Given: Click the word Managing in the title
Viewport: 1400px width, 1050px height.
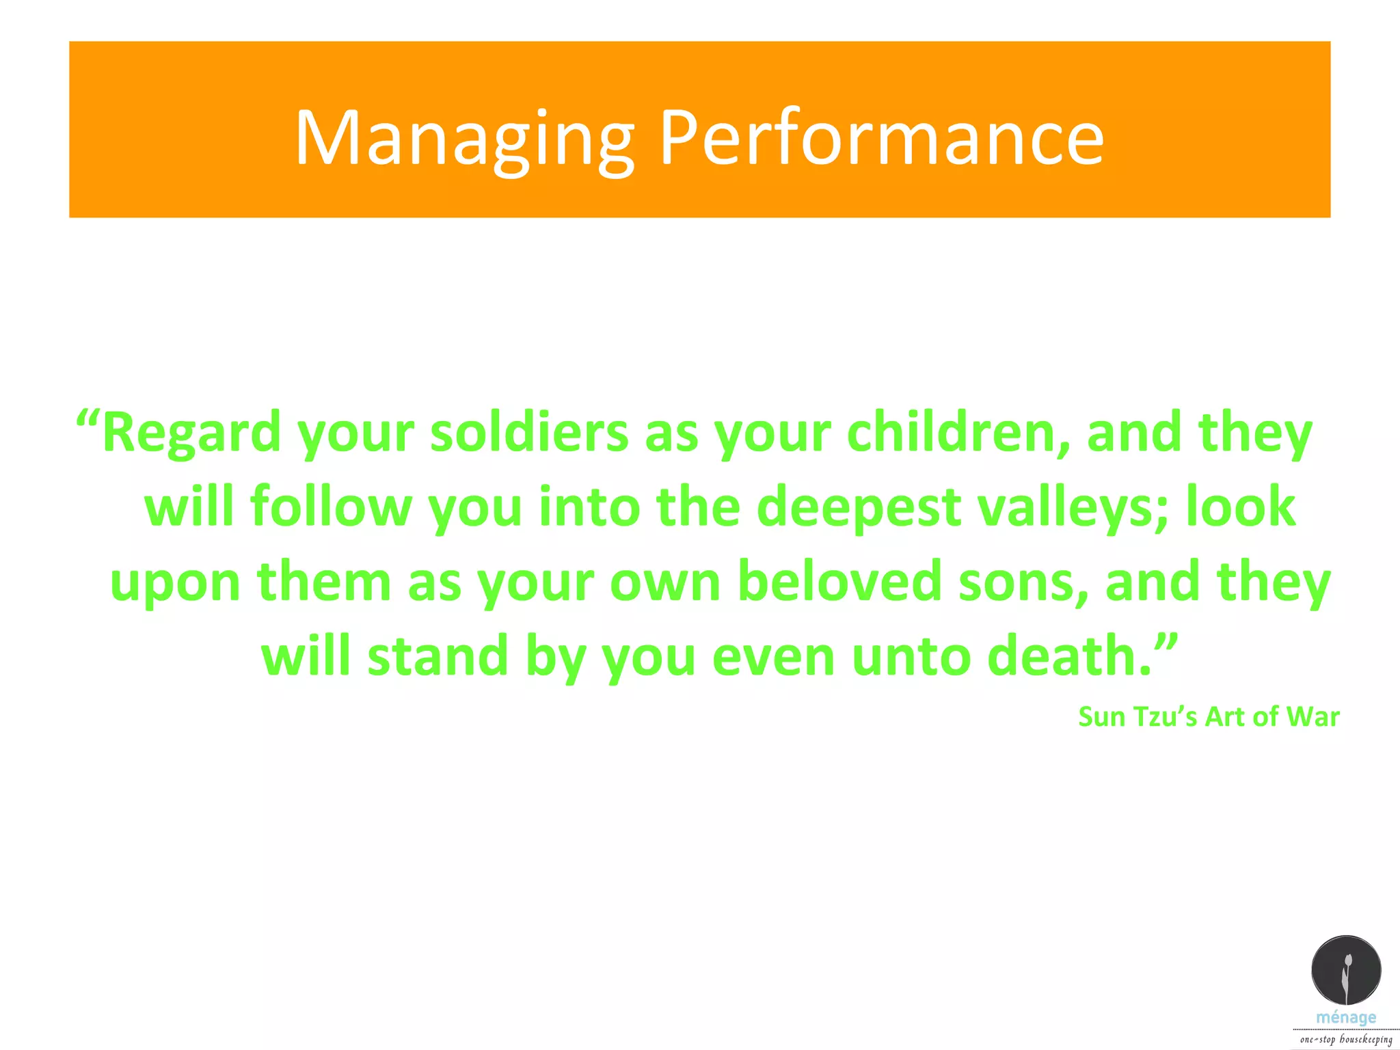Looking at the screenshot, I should click(465, 140).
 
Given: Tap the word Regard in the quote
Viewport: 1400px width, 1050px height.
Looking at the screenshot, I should click(191, 433).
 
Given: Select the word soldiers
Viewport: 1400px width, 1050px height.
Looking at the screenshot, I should click(529, 433).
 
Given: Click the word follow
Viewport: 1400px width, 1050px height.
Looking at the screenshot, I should click(331, 507).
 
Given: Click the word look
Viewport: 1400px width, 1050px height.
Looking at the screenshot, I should click(1240, 507).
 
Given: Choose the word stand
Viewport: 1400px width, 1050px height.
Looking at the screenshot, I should click(437, 656).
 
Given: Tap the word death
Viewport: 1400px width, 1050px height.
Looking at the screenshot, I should click(1070, 656).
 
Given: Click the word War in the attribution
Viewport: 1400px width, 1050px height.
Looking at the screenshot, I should click(1312, 717).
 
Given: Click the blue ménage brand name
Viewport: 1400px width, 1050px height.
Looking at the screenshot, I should click(1346, 1017).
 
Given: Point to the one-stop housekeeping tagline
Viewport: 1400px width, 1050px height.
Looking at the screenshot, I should click(1346, 1039).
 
